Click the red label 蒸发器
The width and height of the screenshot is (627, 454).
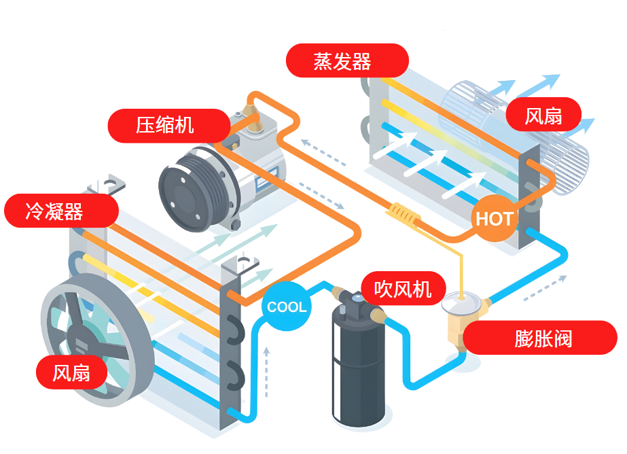pyautogui.click(x=347, y=60)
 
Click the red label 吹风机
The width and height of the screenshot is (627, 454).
pyautogui.click(x=403, y=287)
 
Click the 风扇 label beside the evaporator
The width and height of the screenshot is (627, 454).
pyautogui.click(x=543, y=115)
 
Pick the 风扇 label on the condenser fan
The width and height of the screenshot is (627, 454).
pyautogui.click(x=72, y=372)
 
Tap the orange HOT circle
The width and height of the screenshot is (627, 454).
pyautogui.click(x=494, y=219)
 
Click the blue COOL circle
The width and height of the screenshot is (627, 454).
pyautogui.click(x=286, y=307)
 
